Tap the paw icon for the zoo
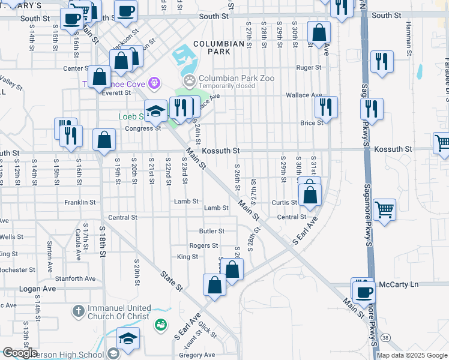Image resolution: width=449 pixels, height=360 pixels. point(190,79)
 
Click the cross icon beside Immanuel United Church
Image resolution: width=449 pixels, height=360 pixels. point(78,311)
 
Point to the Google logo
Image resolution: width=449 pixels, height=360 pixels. point(20,353)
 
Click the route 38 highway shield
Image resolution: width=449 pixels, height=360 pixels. point(384,338)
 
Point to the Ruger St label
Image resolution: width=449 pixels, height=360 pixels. point(309,68)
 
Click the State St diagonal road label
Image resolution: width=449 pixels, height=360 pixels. point(171,281)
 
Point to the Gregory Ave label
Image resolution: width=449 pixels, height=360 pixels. point(197,355)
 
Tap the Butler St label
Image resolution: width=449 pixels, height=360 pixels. point(212,231)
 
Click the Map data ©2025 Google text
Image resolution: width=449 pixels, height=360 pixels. point(412,355)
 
